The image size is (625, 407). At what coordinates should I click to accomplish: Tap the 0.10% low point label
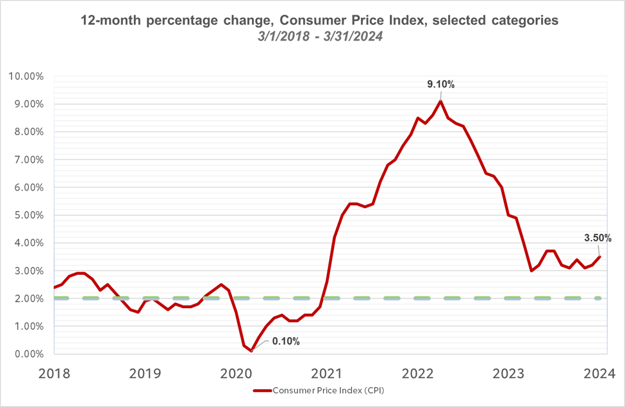pyautogui.click(x=286, y=341)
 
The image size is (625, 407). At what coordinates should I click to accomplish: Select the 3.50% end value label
pyautogui.click(x=597, y=238)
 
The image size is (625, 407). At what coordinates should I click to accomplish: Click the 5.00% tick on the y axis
pyautogui.click(x=28, y=215)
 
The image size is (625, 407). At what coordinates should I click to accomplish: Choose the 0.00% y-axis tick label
pyautogui.click(x=28, y=354)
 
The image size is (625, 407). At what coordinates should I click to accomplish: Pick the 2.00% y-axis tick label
pyautogui.click(x=28, y=299)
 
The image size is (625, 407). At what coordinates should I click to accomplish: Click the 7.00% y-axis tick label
pyautogui.click(x=28, y=160)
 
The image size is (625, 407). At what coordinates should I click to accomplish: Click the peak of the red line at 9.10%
pyautogui.click(x=440, y=101)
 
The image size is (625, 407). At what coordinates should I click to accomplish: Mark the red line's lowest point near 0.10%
pyautogui.click(x=251, y=351)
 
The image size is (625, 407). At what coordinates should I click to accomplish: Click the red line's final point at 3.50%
pyautogui.click(x=600, y=257)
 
